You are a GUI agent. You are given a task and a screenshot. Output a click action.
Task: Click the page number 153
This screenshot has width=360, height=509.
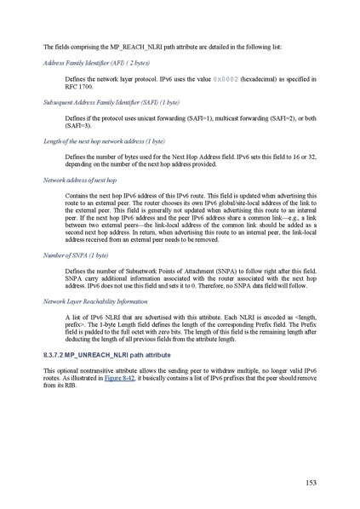pyautogui.click(x=311, y=483)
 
